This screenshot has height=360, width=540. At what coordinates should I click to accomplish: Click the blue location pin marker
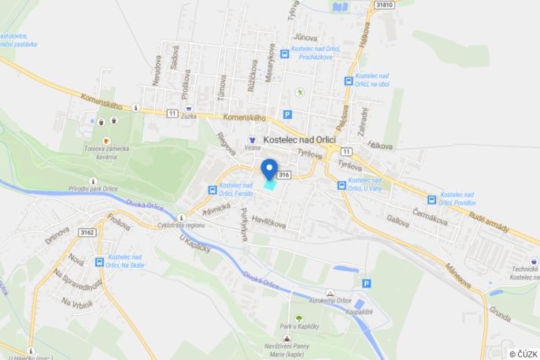click(x=269, y=170)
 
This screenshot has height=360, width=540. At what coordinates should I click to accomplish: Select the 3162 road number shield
click(x=87, y=232)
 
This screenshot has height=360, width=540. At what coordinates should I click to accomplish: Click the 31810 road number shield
click(x=384, y=5)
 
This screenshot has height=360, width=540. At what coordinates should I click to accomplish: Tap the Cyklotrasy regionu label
click(x=182, y=225)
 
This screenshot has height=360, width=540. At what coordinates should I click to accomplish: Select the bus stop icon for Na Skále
click(x=100, y=262)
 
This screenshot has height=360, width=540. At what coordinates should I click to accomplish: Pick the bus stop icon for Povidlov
click(x=431, y=200)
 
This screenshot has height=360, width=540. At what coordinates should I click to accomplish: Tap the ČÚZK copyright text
click(x=523, y=354)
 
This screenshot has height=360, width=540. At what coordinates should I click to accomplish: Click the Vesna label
click(x=253, y=147)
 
